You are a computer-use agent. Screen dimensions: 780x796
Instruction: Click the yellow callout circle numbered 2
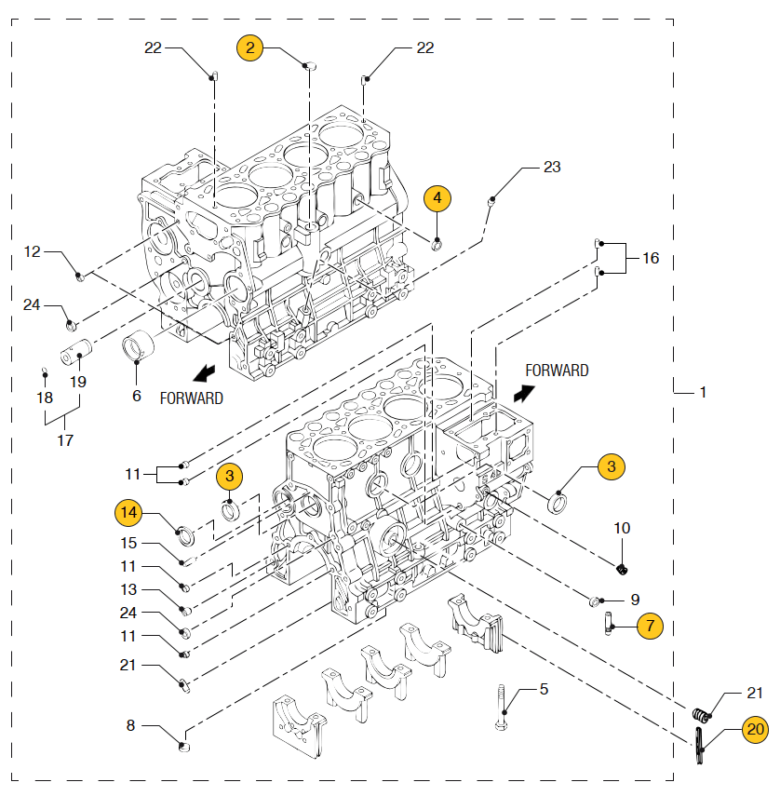click(x=249, y=47)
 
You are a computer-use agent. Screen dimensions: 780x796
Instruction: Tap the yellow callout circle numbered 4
click(x=437, y=198)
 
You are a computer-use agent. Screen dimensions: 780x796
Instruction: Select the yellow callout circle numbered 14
click(x=128, y=512)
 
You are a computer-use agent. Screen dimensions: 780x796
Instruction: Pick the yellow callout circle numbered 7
click(x=650, y=626)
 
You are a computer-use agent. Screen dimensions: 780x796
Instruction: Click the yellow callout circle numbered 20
click(x=755, y=730)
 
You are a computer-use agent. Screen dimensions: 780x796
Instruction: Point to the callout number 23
click(x=552, y=167)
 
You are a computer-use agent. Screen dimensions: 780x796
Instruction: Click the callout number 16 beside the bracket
click(x=651, y=258)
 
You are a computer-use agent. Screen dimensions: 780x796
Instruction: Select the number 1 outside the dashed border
click(x=703, y=392)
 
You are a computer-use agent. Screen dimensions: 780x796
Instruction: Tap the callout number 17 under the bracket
click(x=65, y=440)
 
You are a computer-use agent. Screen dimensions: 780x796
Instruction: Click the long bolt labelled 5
click(x=501, y=708)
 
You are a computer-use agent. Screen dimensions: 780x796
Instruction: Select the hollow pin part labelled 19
click(x=76, y=352)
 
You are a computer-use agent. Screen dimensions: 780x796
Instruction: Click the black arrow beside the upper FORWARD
click(x=205, y=373)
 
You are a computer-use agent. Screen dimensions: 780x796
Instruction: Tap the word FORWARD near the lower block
click(x=557, y=371)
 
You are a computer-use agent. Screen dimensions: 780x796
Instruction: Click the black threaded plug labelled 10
click(x=622, y=570)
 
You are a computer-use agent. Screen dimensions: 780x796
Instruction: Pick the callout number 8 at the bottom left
click(x=130, y=725)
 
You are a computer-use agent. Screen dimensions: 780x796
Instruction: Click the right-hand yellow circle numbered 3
click(x=611, y=466)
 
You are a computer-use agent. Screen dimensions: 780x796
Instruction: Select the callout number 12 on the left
click(x=32, y=251)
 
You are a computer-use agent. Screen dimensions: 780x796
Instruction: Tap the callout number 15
click(x=128, y=543)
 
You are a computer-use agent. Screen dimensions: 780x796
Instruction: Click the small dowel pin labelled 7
click(x=608, y=625)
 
